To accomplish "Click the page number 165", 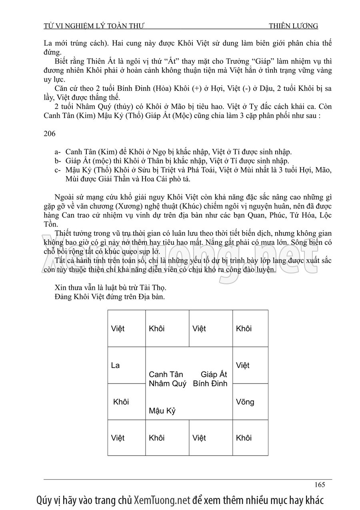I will [x=319, y=484].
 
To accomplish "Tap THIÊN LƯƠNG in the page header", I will [x=294, y=26].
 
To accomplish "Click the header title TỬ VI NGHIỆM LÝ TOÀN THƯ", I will [x=94, y=26].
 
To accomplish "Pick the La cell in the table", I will [x=115, y=365].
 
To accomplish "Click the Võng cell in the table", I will [x=245, y=402].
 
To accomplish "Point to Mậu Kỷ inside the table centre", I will [x=162, y=411].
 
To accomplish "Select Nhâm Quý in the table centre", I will [x=167, y=384].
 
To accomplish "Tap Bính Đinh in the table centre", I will [x=210, y=384].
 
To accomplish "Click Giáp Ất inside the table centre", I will [x=214, y=374].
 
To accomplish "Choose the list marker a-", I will [x=58, y=152].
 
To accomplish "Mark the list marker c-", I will [x=58, y=170].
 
